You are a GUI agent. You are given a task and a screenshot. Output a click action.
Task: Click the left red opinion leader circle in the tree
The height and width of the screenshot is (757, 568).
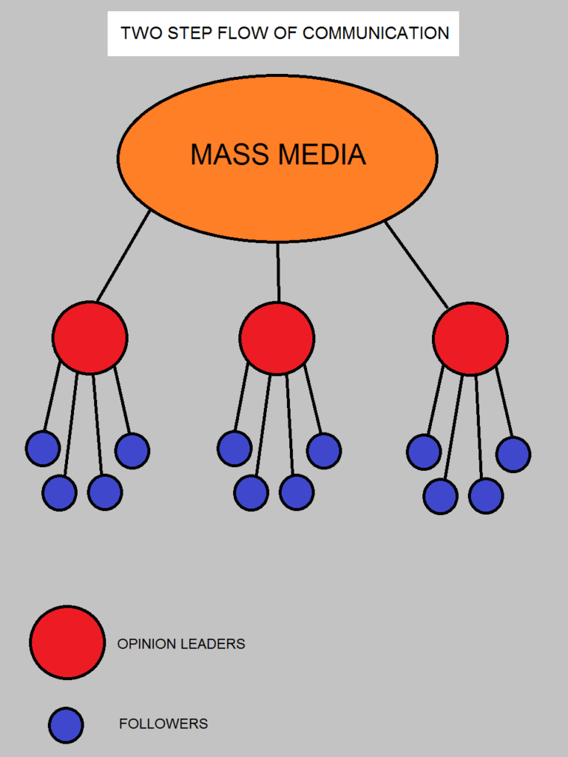click(x=89, y=338)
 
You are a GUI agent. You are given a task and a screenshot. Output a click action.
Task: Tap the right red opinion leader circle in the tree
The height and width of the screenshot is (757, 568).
click(x=470, y=339)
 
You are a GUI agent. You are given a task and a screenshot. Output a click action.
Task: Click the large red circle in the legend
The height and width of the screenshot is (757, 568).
click(x=67, y=642)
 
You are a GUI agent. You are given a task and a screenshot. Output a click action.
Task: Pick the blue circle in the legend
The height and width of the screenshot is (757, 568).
click(x=66, y=725)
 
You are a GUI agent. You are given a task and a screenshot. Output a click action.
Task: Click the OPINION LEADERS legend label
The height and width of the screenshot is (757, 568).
click(x=181, y=644)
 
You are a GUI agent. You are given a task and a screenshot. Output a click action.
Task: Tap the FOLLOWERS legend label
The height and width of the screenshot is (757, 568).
click(x=163, y=724)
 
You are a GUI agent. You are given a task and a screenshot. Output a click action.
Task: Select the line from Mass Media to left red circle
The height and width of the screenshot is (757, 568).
click(x=124, y=255)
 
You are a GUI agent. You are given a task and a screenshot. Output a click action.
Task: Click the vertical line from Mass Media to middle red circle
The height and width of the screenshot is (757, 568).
click(x=278, y=272)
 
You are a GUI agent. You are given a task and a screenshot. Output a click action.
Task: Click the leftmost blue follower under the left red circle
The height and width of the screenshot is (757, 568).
click(x=42, y=449)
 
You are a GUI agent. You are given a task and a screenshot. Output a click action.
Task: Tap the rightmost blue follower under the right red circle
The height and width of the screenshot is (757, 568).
click(x=513, y=455)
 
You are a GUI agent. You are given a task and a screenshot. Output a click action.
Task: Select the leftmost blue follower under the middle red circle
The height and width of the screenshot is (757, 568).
click(x=234, y=449)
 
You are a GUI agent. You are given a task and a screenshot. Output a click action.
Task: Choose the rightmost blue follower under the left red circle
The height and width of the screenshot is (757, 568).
click(x=132, y=451)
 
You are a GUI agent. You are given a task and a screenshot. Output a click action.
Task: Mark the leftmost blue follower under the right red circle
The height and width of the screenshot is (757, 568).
click(x=424, y=452)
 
